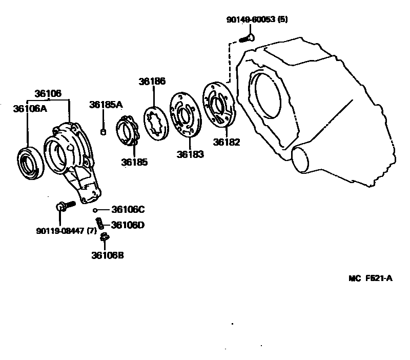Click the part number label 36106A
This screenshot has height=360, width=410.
coord(30,108)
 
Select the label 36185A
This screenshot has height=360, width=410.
coord(106,105)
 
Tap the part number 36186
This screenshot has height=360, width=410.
coord(152,82)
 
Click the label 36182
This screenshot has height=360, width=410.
coord(227,143)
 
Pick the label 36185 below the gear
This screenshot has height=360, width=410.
coord(134,162)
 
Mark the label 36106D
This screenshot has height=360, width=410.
coord(128,225)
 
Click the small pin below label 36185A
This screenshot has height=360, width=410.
coord(103,133)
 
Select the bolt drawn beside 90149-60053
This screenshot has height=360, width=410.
coord(247,38)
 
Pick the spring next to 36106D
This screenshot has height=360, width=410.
coord(102,224)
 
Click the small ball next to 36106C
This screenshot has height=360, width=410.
coord(95,210)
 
